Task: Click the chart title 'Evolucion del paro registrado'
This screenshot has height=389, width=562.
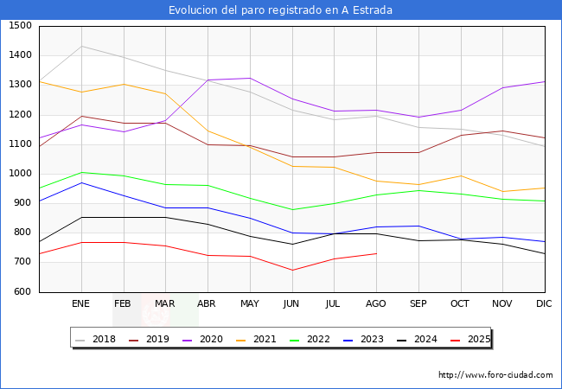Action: point(280,10)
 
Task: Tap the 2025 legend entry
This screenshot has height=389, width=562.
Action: point(477,339)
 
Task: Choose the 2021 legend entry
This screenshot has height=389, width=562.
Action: point(265,339)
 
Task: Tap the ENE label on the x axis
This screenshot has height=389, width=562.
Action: point(80,304)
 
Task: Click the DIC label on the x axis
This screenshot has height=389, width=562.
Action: point(544,304)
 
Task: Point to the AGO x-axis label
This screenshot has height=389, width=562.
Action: point(376,304)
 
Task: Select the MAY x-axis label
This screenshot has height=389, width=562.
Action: point(249,304)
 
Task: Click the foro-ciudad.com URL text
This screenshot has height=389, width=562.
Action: point(495,375)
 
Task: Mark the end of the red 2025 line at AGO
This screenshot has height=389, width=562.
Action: point(376,253)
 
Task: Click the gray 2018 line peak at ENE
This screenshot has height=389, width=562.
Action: point(81,46)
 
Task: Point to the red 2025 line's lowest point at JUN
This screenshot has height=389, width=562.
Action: point(291,271)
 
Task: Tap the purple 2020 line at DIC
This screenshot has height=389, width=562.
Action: point(544,81)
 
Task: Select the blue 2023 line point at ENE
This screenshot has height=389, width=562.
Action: point(81,182)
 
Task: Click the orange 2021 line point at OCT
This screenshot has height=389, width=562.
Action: point(460,175)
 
